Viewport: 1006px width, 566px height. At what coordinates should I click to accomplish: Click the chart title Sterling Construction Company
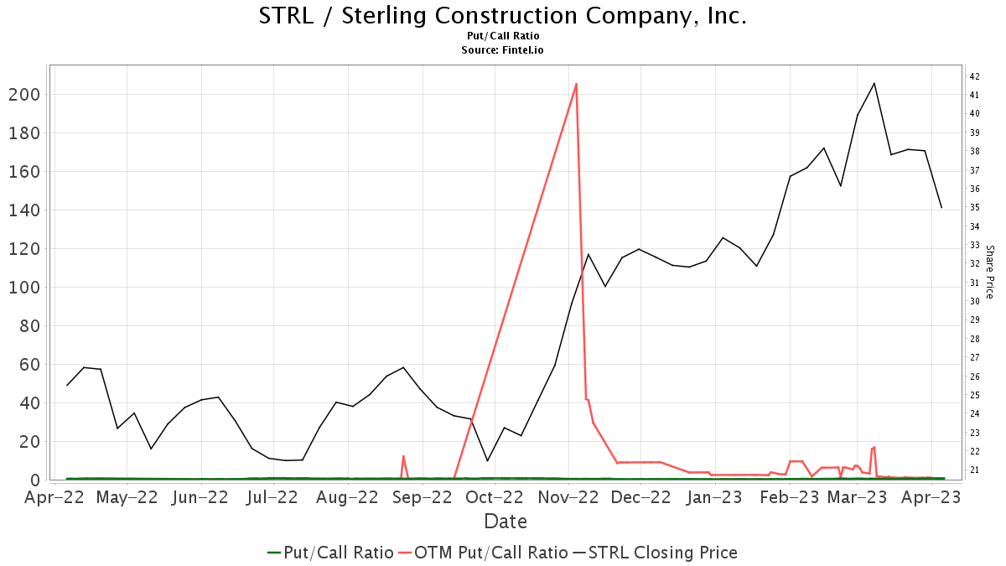click(503, 16)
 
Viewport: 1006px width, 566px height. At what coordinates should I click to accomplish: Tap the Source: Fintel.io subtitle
click(503, 50)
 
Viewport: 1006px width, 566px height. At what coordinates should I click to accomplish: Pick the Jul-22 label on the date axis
click(271, 497)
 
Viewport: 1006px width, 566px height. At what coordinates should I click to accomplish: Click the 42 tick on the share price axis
click(975, 76)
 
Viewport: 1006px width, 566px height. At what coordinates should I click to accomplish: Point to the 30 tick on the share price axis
click(975, 301)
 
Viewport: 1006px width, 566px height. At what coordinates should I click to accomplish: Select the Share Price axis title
click(989, 272)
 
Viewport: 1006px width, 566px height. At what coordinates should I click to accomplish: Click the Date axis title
click(506, 522)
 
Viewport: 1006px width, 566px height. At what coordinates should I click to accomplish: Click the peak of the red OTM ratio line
click(576, 83)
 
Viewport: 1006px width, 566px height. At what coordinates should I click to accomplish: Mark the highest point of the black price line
click(874, 83)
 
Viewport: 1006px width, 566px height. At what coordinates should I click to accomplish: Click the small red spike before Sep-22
click(403, 456)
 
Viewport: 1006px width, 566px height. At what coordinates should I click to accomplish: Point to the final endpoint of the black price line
click(941, 208)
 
